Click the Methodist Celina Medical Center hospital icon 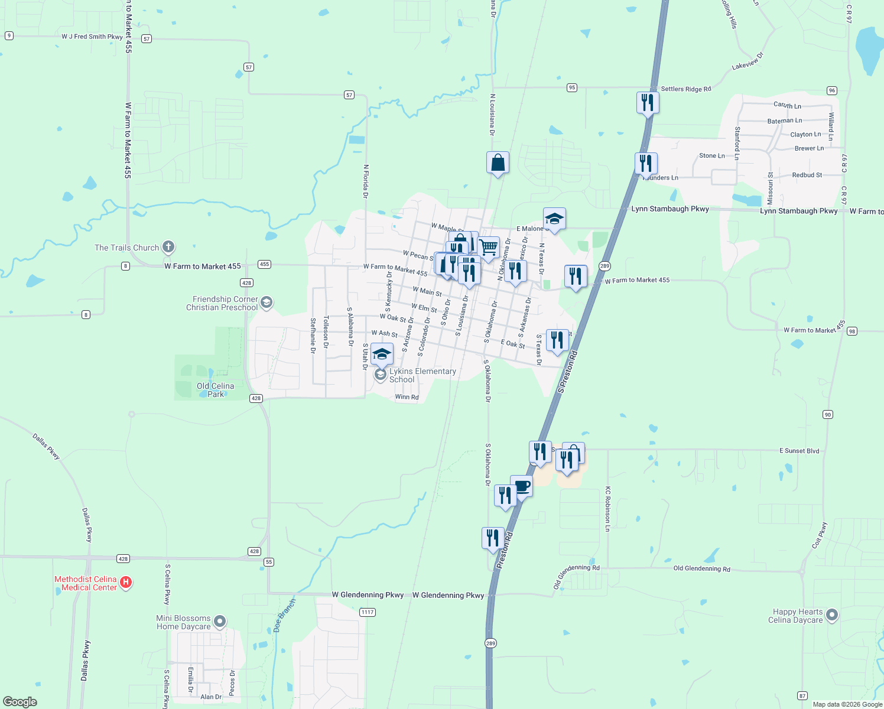(x=125, y=583)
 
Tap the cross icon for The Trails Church (x=168, y=247)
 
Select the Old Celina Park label (x=215, y=390)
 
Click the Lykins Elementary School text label (x=422, y=375)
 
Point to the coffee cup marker (x=521, y=486)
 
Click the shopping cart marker (x=489, y=248)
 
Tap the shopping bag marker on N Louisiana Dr (x=498, y=162)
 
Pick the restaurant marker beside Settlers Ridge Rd (x=648, y=102)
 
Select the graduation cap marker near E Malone (x=554, y=219)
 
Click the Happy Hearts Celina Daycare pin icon (x=831, y=615)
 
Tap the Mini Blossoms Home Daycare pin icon (x=219, y=622)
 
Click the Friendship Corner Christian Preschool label (x=222, y=303)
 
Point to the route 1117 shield (x=368, y=612)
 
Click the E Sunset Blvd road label (x=799, y=451)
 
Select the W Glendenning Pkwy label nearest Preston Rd (x=448, y=595)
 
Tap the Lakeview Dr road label (x=747, y=61)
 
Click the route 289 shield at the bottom (x=490, y=643)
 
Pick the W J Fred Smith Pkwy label (x=92, y=37)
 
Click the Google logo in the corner (x=20, y=701)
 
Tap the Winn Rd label (x=407, y=397)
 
